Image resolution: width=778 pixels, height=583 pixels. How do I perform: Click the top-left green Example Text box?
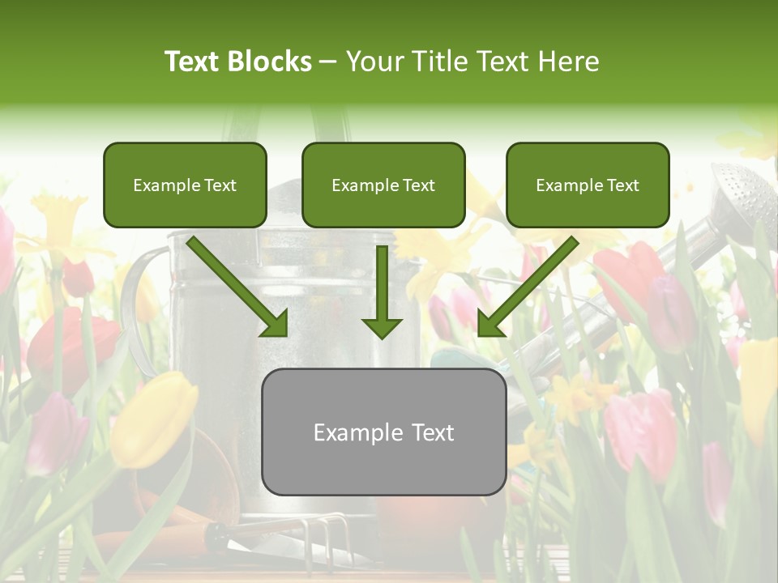tap(185, 185)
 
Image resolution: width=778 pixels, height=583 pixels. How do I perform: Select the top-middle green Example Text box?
tap(383, 185)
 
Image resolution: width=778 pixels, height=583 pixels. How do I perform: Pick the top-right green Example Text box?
tap(588, 185)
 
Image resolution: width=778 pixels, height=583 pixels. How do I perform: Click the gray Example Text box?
tap(383, 432)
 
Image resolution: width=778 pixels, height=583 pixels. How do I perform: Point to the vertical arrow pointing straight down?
tap(382, 291)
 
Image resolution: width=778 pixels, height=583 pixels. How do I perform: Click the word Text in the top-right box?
tap(622, 185)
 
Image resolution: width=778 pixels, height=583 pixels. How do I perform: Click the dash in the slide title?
tap(328, 62)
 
